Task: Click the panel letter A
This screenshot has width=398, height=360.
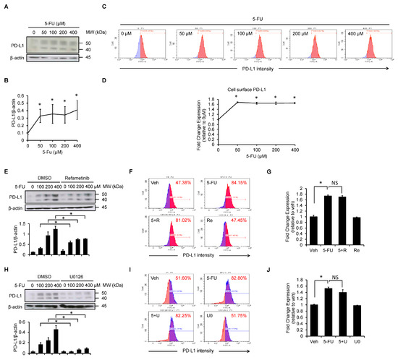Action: (x=4, y=6)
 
